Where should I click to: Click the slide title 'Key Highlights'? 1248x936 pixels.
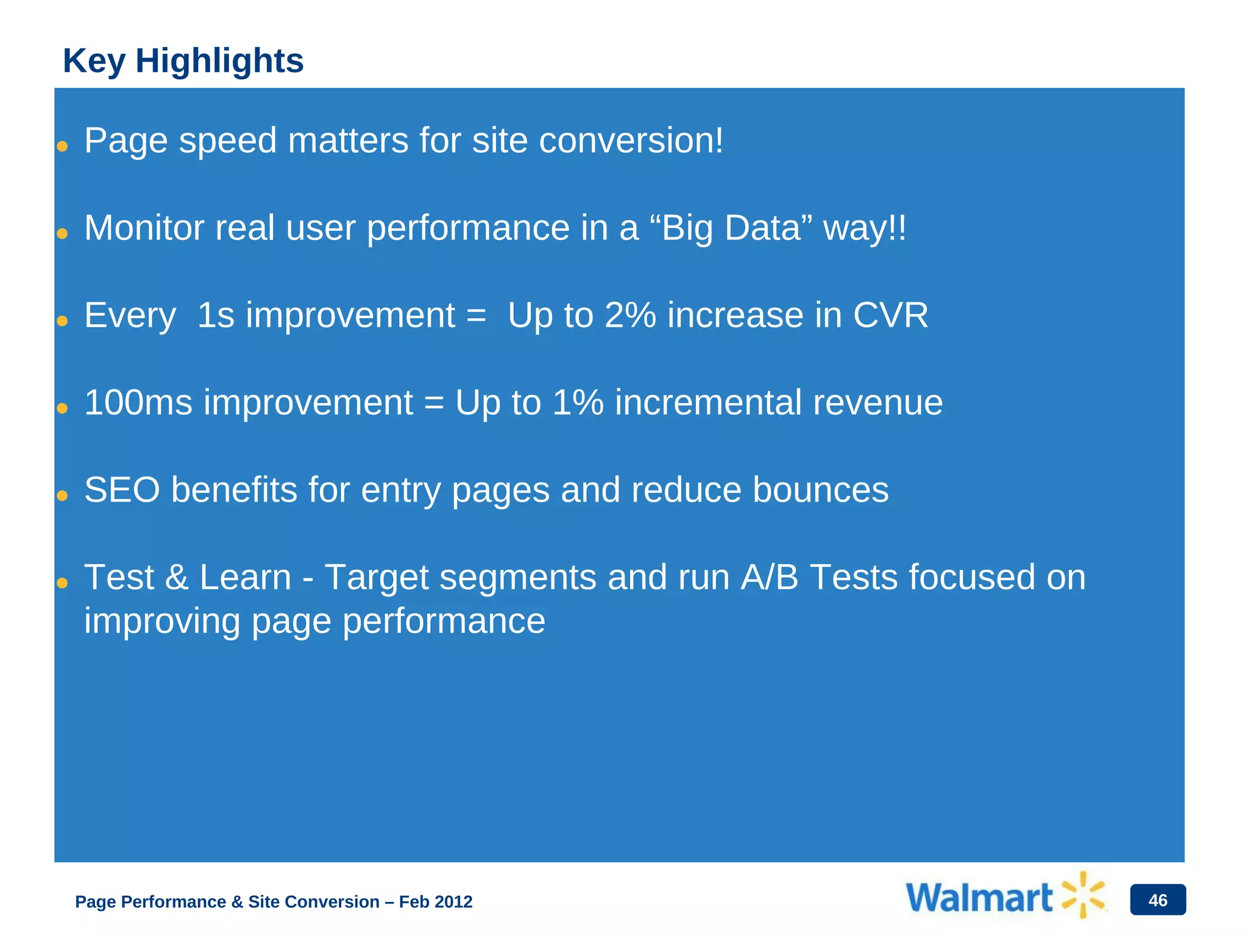click(x=183, y=61)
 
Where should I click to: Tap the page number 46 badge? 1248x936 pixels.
click(x=1157, y=900)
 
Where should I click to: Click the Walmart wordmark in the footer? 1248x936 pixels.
click(x=979, y=898)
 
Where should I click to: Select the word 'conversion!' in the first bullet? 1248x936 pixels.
click(x=631, y=141)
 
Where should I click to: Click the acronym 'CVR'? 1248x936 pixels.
click(x=890, y=316)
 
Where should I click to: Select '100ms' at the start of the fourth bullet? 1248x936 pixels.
click(x=138, y=403)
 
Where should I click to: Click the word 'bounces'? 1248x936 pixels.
click(x=820, y=490)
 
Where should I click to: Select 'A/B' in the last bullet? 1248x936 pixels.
click(x=769, y=577)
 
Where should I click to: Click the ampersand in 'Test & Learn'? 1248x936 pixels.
click(x=177, y=577)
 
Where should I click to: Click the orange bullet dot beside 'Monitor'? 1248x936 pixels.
click(x=62, y=234)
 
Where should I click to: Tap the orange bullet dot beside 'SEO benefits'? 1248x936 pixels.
click(x=62, y=496)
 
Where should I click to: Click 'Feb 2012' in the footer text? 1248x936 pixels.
click(x=435, y=902)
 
